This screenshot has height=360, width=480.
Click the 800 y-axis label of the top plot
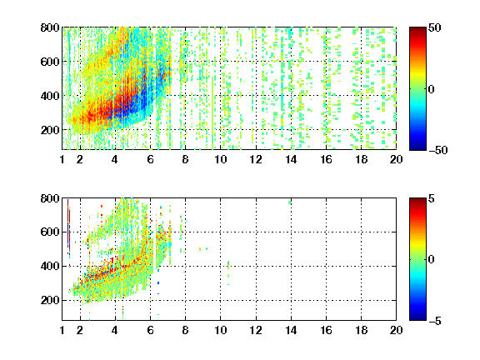[x=50, y=27]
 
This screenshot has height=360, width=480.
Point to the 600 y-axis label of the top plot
[x=50, y=62]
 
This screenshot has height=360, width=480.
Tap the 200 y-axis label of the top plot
[x=50, y=130]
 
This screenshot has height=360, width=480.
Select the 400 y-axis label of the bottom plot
[x=50, y=266]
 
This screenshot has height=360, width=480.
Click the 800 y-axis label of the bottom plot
[x=50, y=198]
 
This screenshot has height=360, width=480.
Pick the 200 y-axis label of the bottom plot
[x=50, y=300]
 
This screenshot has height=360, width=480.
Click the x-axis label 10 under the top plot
[x=220, y=159]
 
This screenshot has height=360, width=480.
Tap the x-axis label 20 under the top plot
[x=396, y=159]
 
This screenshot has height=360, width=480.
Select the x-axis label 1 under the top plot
[x=62, y=159]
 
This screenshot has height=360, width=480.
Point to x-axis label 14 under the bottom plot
[x=291, y=330]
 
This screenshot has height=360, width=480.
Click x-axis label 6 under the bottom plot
[x=150, y=330]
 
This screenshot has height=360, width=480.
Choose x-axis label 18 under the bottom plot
[x=361, y=330]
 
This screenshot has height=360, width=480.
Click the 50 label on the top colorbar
[x=435, y=27]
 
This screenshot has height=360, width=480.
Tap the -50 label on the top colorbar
[x=438, y=150]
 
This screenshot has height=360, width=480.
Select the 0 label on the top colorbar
[x=432, y=89]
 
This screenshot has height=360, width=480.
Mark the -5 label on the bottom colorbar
[x=435, y=321]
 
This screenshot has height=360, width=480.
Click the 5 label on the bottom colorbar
[x=432, y=198]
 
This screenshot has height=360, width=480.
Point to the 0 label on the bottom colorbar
[x=432, y=260]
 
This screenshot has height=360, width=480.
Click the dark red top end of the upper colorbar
[x=417, y=30]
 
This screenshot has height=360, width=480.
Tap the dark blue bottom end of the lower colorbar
[x=417, y=317]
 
